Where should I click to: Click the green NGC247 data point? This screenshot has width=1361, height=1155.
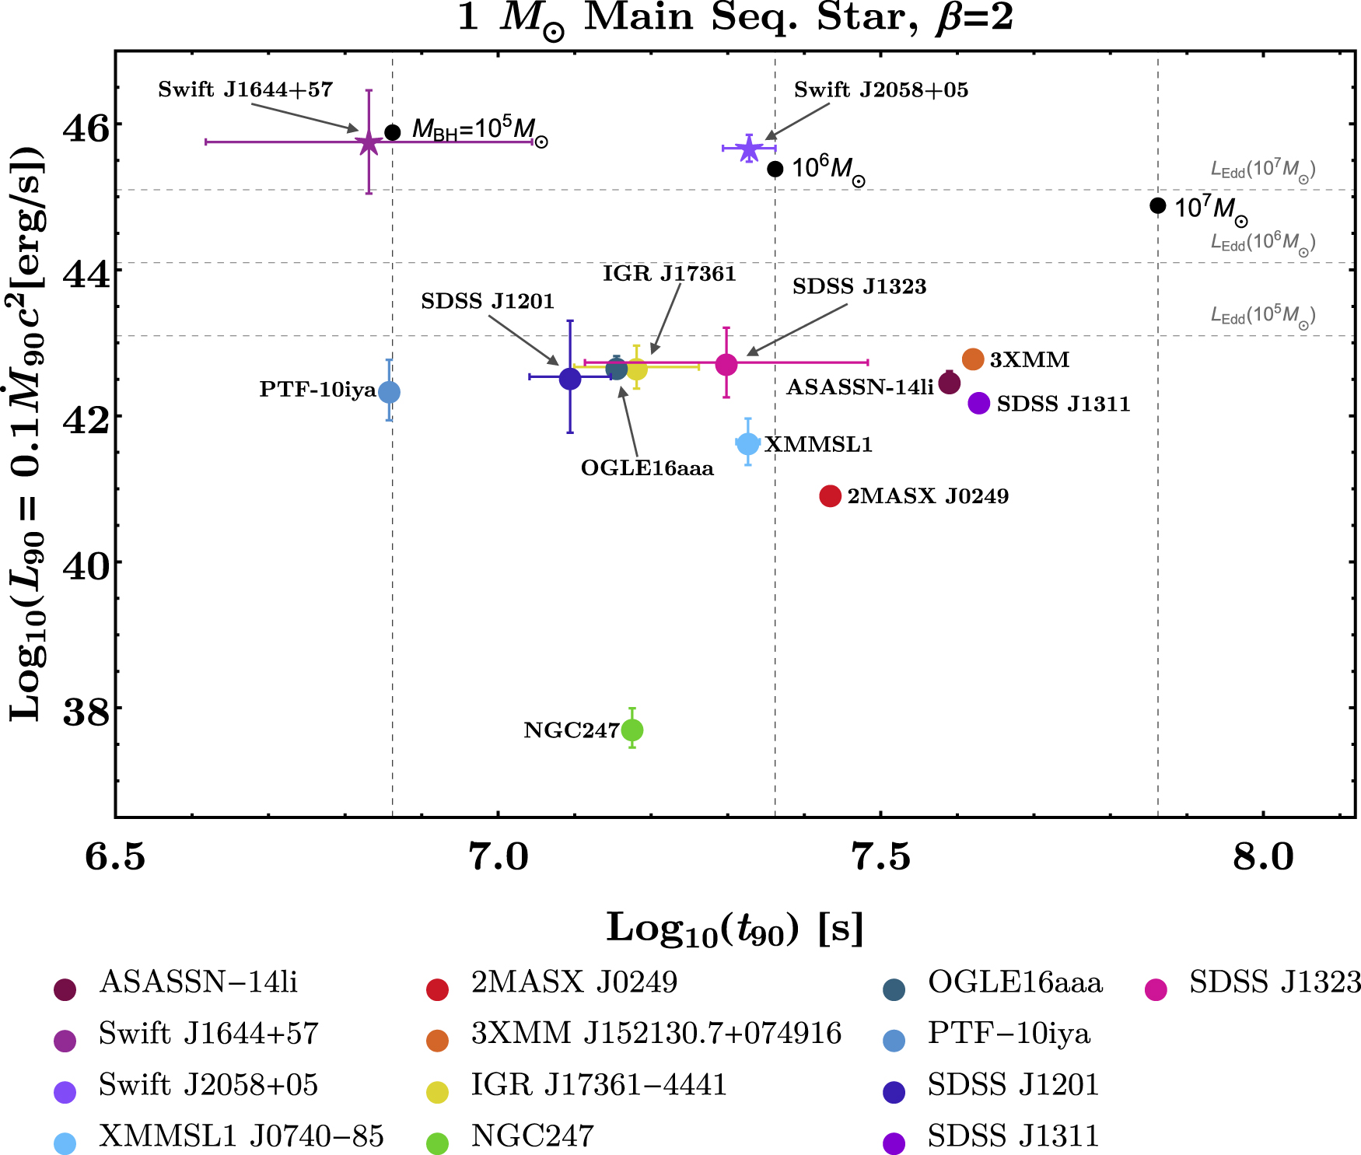[x=632, y=730]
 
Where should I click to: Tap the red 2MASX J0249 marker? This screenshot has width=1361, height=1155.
[x=830, y=495]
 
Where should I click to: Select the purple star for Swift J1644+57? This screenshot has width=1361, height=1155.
[x=369, y=142]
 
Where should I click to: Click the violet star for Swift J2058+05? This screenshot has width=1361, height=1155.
[x=748, y=149]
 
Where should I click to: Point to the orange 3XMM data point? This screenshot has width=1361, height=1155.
[x=973, y=359]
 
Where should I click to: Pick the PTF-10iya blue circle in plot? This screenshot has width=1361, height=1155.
[x=389, y=392]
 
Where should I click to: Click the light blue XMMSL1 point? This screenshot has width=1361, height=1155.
[x=747, y=443]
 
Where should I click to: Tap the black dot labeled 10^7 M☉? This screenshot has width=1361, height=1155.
[x=1157, y=206]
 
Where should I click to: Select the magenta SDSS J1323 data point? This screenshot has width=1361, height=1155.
[x=726, y=364]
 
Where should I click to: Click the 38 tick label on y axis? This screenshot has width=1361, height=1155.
[x=86, y=711]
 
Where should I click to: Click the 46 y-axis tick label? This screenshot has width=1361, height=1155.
[x=86, y=128]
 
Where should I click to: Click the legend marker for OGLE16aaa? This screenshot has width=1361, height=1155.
[x=894, y=990]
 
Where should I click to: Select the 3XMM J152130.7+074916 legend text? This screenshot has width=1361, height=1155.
[x=656, y=1034]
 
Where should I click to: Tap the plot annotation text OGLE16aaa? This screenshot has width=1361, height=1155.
[x=647, y=468]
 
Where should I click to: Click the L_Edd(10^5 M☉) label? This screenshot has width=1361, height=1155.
[x=1262, y=316]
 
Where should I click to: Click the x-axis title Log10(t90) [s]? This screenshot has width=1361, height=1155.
[x=735, y=929]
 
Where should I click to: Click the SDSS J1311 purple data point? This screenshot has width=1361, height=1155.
[x=978, y=403]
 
